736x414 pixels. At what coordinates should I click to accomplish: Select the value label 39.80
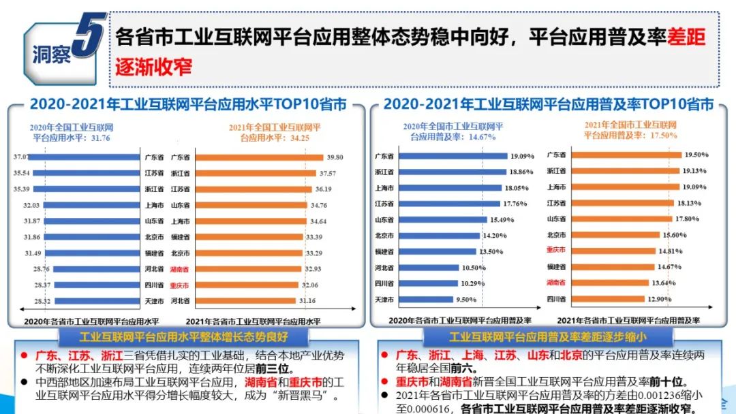tap(335, 157)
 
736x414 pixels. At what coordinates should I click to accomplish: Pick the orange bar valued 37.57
tap(256, 173)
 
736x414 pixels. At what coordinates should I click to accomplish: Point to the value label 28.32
tap(23, 300)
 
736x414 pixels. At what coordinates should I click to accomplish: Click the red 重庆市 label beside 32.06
tap(180, 285)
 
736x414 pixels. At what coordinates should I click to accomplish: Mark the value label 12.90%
tap(658, 298)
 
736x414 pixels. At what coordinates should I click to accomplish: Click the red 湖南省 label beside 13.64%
tap(556, 282)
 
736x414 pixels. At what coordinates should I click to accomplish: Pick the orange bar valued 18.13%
tap(617, 202)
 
